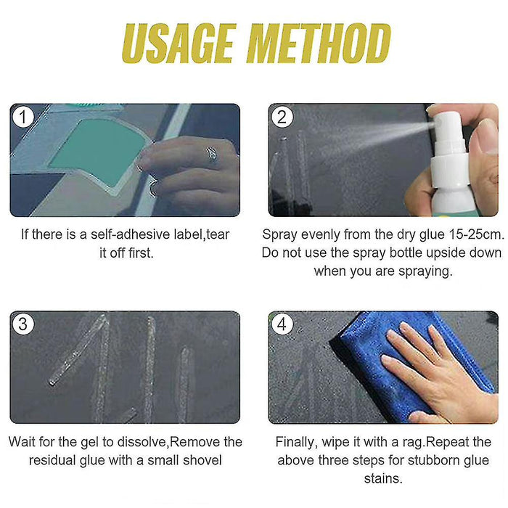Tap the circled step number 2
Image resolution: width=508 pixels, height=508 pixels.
282,116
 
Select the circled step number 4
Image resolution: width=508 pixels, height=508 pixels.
282,324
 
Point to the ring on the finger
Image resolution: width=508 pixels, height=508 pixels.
211,153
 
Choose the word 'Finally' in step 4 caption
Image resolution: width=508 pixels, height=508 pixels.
298,442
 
